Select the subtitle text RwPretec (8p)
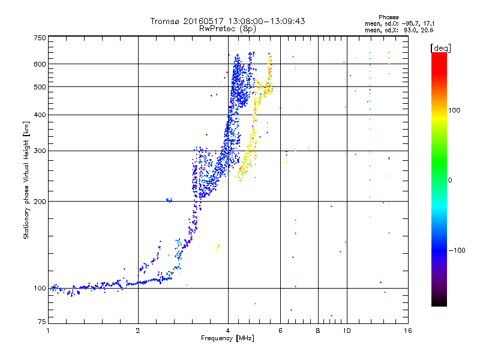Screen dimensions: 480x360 [x=227, y=29]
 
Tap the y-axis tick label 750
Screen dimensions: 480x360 [x=40, y=38]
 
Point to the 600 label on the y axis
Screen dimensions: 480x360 [x=40, y=64]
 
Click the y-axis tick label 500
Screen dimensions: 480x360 [x=40, y=87]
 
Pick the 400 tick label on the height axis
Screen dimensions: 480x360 [x=40, y=115]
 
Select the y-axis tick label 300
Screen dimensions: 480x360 [x=40, y=151]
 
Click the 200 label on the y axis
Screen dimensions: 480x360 [x=40, y=202]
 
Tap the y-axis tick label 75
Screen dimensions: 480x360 [x=42, y=322]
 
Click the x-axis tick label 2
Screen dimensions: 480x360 [x=138, y=331]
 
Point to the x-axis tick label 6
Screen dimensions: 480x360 [x=280, y=331]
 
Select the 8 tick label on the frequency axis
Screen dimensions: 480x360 [x=318, y=331]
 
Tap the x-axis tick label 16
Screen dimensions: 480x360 [x=408, y=331]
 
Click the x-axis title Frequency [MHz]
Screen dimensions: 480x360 [x=227, y=338]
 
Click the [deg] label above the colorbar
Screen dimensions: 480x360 [x=440, y=48]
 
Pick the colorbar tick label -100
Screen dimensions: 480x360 [x=457, y=250]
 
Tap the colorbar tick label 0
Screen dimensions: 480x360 [x=450, y=181]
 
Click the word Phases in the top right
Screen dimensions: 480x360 [x=389, y=17]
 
